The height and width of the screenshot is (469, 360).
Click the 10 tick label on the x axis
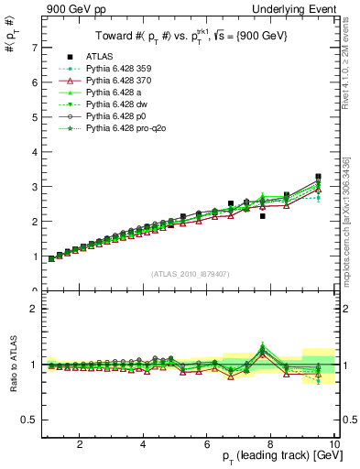[x=333, y=445]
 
